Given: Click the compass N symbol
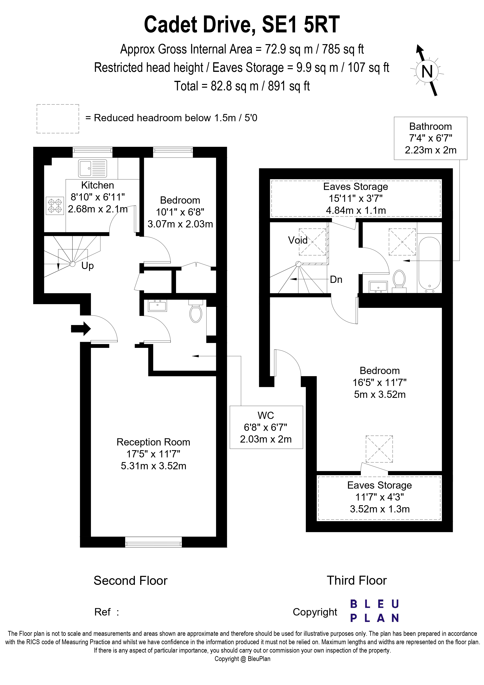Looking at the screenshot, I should [427, 72].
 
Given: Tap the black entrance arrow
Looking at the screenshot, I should [81, 329].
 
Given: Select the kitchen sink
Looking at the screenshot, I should [93, 168].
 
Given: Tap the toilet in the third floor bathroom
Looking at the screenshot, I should [399, 279].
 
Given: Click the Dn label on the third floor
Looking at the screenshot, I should [336, 280].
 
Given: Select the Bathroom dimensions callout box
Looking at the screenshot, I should [430, 138].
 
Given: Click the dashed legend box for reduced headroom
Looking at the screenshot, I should [58, 118].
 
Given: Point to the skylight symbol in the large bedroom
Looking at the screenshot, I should [379, 449].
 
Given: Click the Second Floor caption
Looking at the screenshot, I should [130, 581].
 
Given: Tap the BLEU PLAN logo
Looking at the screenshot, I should [374, 611].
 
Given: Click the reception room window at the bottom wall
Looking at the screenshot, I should [153, 542].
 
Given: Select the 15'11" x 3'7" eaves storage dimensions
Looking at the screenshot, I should [355, 198].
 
